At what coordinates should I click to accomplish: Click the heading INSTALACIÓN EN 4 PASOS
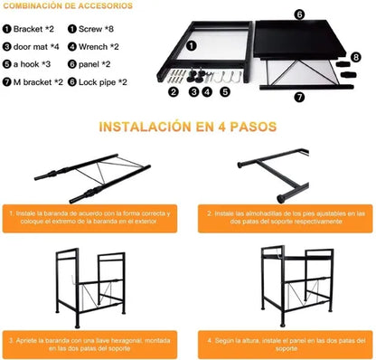pyautogui.click(x=187, y=128)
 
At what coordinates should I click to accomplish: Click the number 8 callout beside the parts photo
pyautogui.click(x=356, y=56)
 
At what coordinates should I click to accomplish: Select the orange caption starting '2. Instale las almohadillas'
pyautogui.click(x=281, y=219)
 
